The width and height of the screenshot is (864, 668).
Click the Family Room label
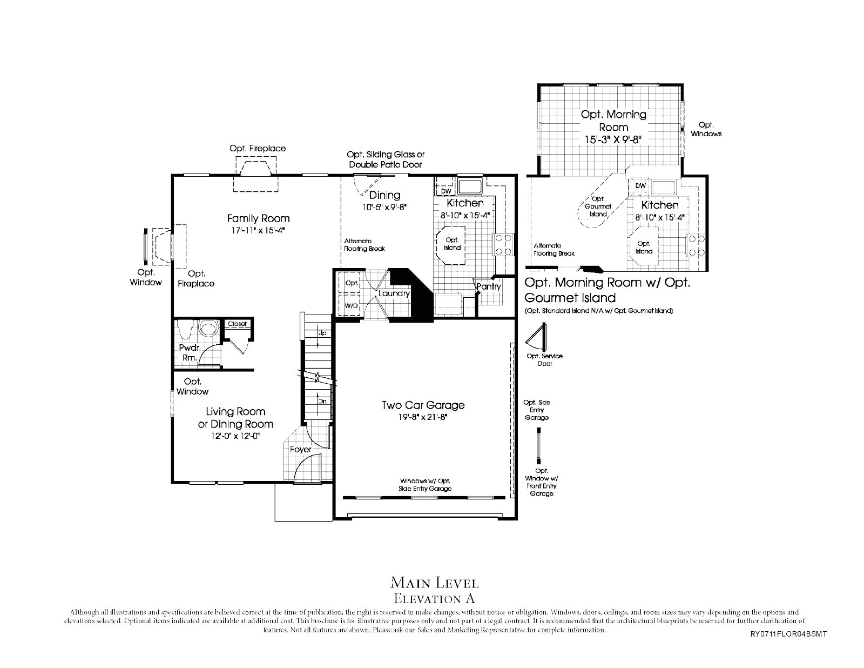(x=259, y=218)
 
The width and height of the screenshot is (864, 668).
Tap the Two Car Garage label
(x=423, y=405)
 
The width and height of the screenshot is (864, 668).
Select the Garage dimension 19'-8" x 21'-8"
(x=423, y=417)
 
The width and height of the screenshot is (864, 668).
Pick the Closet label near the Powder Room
(x=238, y=324)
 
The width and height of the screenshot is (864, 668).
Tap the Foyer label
(x=301, y=449)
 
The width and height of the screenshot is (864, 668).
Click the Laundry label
(x=394, y=293)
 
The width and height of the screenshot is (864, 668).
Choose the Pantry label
(x=489, y=286)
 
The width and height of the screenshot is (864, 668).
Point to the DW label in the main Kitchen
(x=446, y=191)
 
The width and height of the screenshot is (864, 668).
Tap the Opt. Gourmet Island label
(x=598, y=206)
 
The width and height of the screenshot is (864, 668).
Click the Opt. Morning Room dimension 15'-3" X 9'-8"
(x=613, y=139)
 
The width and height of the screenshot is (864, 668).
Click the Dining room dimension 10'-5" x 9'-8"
(x=384, y=208)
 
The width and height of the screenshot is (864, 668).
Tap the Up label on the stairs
(x=322, y=333)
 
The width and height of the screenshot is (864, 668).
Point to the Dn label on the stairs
(x=322, y=401)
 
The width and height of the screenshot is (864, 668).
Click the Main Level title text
(x=435, y=583)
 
